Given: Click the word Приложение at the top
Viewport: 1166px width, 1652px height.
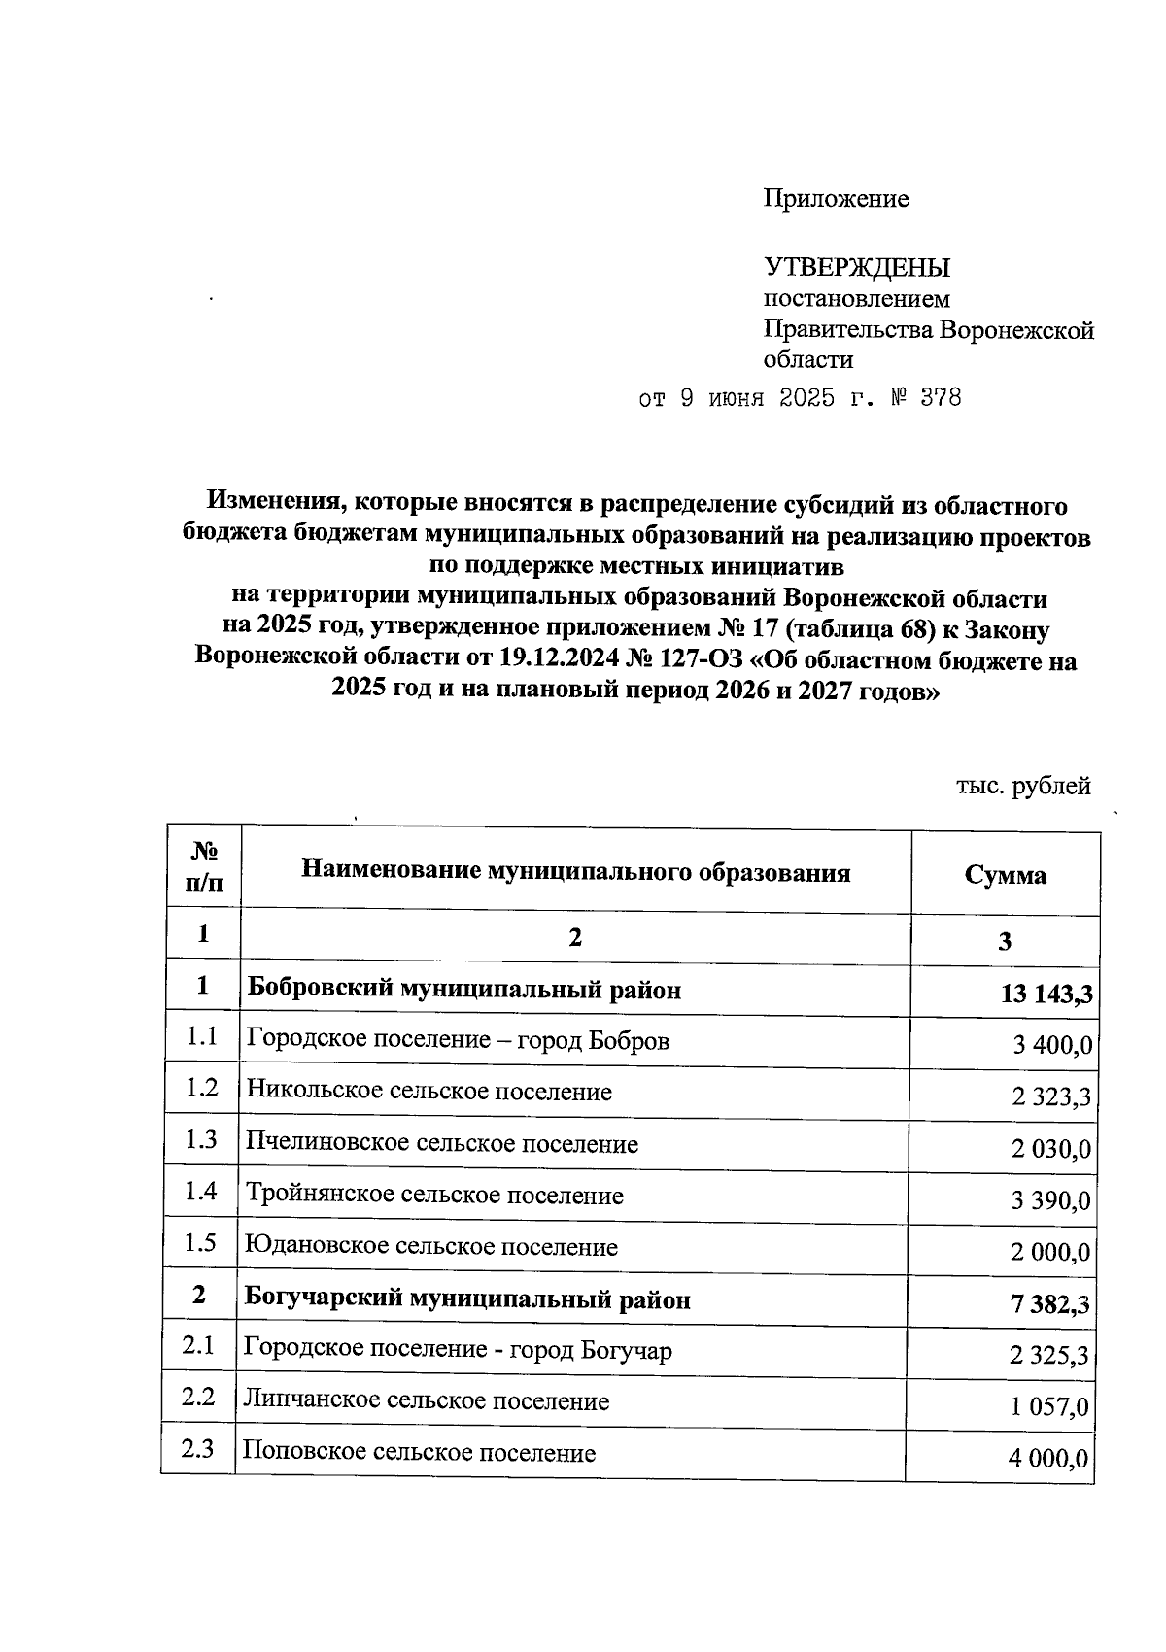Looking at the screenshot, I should [836, 199].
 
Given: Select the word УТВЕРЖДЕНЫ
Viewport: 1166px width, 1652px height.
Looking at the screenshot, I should [857, 267].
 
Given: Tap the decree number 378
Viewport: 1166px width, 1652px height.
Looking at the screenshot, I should [940, 398].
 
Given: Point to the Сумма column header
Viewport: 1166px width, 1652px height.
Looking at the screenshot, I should [1005, 875].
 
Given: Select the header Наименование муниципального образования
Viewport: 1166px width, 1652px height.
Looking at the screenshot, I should [575, 871].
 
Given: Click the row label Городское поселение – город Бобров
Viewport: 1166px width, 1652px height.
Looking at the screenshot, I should [458, 1040].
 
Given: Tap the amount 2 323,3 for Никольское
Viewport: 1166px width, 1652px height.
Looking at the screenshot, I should [1050, 1097].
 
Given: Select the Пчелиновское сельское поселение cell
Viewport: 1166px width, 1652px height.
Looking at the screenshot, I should [442, 1143].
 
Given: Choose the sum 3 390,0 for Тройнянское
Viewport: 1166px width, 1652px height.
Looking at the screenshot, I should [1049, 1201].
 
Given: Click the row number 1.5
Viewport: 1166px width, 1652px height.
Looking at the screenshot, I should [201, 1242].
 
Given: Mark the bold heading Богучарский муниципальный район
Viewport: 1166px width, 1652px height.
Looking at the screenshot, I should [467, 1298].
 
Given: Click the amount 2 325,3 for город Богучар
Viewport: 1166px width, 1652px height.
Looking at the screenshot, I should [1048, 1356].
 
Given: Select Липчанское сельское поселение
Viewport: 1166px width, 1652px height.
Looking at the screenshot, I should [427, 1400].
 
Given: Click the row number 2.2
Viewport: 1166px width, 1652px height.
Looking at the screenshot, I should [198, 1397].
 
